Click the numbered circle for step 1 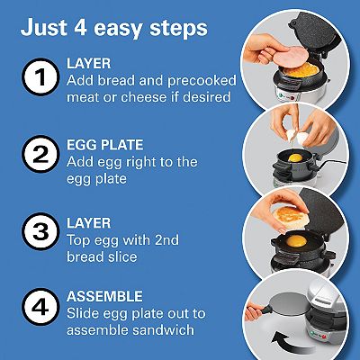[x=40, y=76]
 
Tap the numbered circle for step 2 [x=40, y=154]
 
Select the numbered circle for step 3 [x=40, y=231]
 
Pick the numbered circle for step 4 [x=40, y=307]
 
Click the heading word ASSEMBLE [x=104, y=296]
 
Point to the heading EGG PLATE [x=105, y=145]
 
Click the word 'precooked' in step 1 [x=202, y=81]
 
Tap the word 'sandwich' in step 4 [x=163, y=330]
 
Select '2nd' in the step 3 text [x=166, y=240]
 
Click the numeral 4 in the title [x=79, y=27]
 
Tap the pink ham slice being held [x=290, y=56]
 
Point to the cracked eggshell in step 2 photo [x=297, y=137]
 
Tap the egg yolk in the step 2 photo [x=295, y=157]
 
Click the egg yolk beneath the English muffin [x=296, y=241]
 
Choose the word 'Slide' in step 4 [x=83, y=313]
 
